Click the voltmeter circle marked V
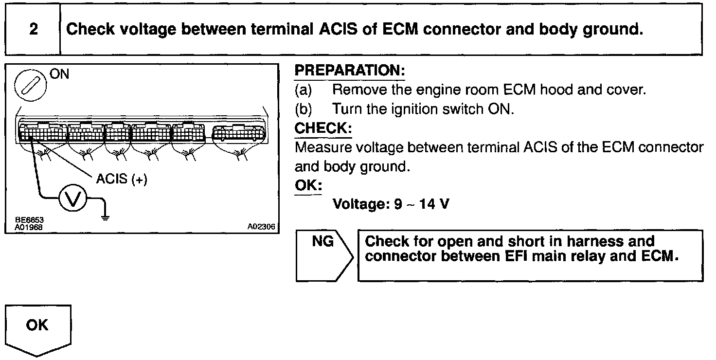72,199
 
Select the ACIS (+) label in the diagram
121,179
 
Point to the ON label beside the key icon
59,74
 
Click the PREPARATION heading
350,71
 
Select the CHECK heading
323,129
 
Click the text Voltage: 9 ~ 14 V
391,204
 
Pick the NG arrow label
323,241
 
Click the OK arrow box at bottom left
38,325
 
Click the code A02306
261,226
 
